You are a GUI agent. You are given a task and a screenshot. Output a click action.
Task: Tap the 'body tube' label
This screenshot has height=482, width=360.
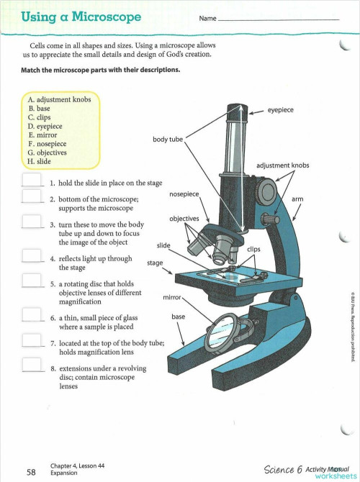click(167, 139)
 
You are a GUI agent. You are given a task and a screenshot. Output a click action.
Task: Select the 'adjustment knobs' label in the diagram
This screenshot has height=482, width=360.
click(282, 165)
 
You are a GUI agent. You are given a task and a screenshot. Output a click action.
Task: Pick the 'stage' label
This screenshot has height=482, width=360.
click(155, 263)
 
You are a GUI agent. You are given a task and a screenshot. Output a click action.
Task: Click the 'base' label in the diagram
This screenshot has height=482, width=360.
click(179, 316)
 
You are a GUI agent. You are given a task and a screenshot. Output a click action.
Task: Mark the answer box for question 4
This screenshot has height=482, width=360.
click(32, 257)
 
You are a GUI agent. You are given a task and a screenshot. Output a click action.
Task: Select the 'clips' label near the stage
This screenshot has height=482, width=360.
click(253, 249)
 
